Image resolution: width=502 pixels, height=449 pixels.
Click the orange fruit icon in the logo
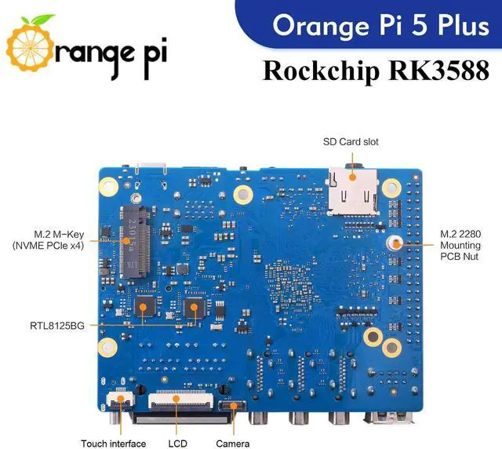(30, 49)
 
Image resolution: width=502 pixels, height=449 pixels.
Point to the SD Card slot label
(351, 142)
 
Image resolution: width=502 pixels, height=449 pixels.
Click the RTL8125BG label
(57, 323)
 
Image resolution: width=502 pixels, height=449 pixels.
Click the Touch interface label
(113, 444)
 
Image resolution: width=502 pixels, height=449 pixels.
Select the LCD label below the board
(177, 444)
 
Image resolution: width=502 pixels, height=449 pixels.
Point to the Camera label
(233, 444)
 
